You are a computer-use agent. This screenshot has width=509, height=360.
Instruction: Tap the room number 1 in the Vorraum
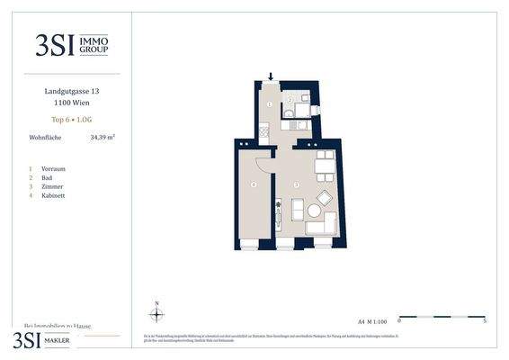(x=269, y=105)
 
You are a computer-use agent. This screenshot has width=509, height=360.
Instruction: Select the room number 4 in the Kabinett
(x=254, y=185)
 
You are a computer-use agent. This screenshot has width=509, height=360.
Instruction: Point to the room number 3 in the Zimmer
(x=296, y=185)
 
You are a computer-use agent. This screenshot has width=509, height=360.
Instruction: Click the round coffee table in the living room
(x=314, y=211)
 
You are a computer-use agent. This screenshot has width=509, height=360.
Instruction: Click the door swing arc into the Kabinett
(x=262, y=163)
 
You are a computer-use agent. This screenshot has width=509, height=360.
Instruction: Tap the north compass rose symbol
(x=157, y=314)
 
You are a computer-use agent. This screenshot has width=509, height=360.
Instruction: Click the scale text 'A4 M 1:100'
(x=372, y=320)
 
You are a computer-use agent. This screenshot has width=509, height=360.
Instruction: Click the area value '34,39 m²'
(x=103, y=138)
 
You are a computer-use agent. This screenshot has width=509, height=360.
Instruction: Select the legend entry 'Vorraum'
(x=53, y=168)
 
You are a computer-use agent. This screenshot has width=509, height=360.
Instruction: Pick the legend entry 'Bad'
(x=47, y=177)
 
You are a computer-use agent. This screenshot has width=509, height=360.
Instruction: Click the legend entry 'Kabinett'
(x=53, y=195)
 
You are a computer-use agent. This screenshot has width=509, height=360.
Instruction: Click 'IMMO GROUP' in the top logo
(x=96, y=45)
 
